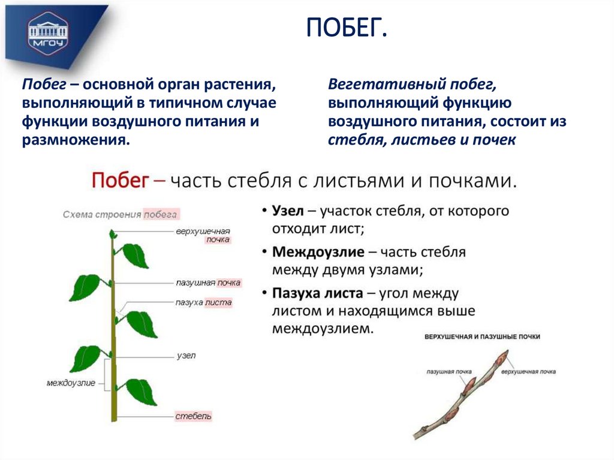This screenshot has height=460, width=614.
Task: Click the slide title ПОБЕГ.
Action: (347, 29)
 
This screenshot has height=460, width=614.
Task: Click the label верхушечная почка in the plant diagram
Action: (203, 235)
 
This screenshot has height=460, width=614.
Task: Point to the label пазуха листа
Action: (203, 303)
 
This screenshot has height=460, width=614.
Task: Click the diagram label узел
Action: (186, 355)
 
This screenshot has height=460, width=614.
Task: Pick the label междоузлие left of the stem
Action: (71, 383)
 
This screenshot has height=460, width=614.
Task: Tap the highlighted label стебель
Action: (193, 416)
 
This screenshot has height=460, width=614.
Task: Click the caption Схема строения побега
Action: (121, 214)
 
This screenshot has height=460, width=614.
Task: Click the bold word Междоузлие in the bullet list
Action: (314, 252)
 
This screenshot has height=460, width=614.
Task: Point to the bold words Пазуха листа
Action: (317, 293)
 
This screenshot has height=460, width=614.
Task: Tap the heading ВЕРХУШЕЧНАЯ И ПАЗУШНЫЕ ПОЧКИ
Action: (482, 337)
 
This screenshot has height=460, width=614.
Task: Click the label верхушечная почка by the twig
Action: (528, 372)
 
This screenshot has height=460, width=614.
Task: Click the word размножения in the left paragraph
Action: (76, 140)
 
